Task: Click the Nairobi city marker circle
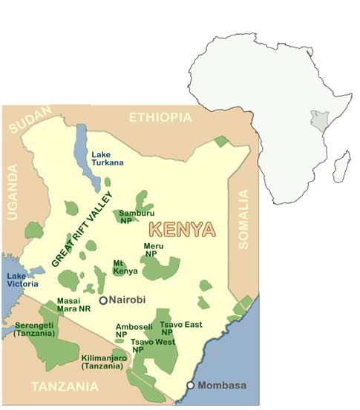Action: pyautogui.click(x=104, y=300)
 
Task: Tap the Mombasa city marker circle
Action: pyautogui.click(x=191, y=385)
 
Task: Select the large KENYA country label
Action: pyautogui.click(x=183, y=229)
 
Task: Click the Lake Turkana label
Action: pyautogui.click(x=106, y=159)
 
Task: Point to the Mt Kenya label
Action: pyautogui.click(x=120, y=268)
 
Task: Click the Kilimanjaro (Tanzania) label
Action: pyautogui.click(x=105, y=360)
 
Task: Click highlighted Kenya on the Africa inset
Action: pyautogui.click(x=318, y=121)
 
